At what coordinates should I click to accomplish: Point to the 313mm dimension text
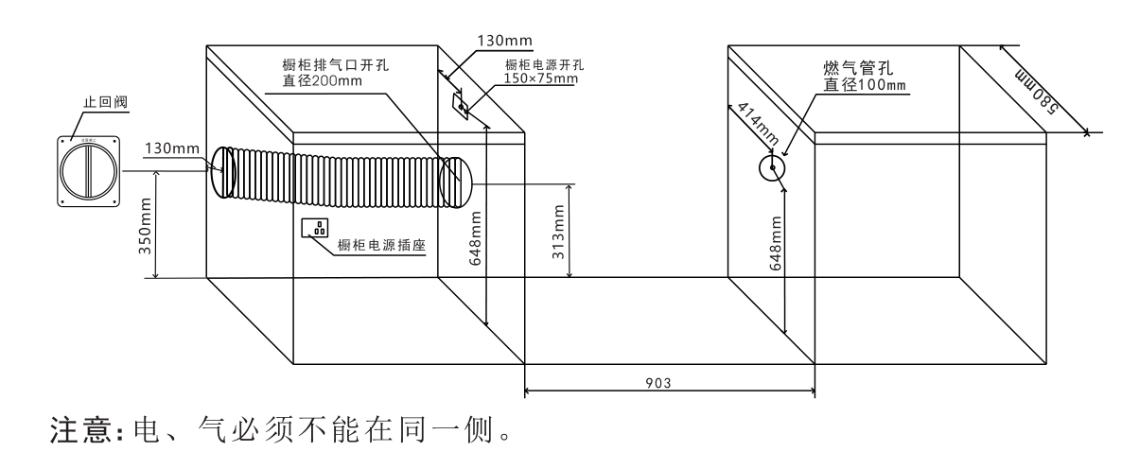tap(558, 234)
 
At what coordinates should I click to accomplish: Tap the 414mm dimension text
tap(751, 124)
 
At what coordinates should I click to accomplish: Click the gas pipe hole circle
tap(773, 169)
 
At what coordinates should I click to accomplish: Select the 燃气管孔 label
tap(858, 67)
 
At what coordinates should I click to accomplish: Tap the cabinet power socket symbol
tap(316, 228)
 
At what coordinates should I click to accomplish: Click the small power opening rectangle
tap(461, 107)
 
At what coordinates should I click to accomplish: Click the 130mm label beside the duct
tap(170, 148)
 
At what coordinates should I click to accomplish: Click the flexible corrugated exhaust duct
tap(341, 176)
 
